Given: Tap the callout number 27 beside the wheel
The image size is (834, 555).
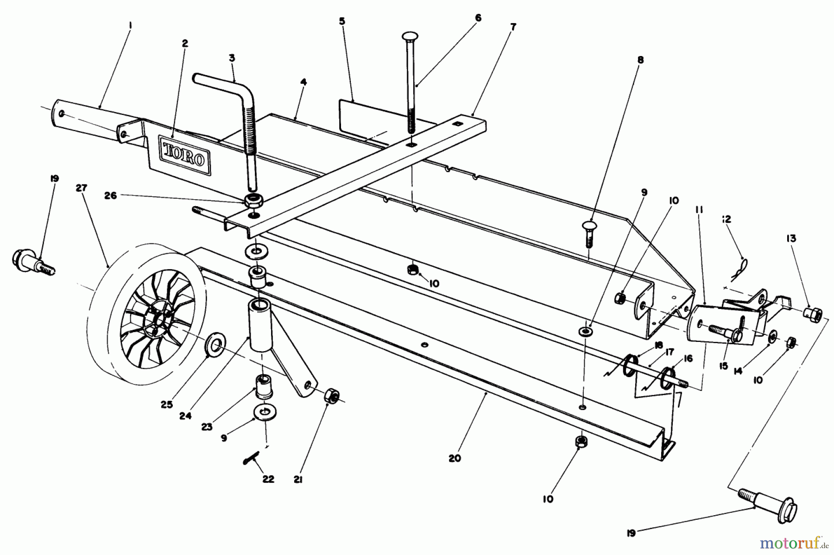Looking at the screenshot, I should [x=82, y=189].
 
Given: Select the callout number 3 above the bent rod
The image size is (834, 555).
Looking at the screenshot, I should [x=232, y=58].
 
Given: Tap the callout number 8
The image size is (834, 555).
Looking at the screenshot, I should [x=640, y=60].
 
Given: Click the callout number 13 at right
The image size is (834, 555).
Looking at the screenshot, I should [x=790, y=239].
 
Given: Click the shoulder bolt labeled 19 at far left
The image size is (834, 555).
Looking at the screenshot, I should [x=32, y=261].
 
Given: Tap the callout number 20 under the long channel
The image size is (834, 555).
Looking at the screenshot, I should [x=455, y=458].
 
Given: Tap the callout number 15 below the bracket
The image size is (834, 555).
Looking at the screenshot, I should [x=724, y=366].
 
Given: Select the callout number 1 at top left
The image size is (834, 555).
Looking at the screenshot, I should [x=130, y=26].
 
